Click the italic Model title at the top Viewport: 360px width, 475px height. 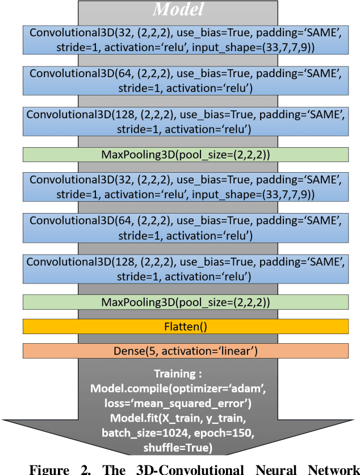point(178,10)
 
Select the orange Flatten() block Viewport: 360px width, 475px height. point(185,327)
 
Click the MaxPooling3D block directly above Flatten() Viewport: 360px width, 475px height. point(185,302)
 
